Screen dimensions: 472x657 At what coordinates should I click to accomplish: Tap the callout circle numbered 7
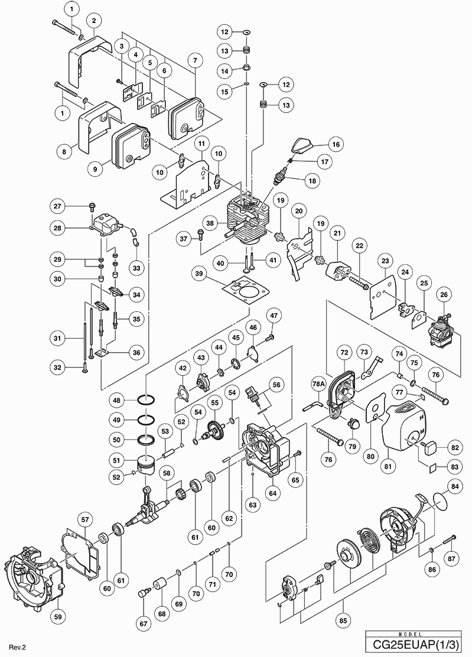pos(195,60)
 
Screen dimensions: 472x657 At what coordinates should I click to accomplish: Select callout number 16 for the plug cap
pos(336,144)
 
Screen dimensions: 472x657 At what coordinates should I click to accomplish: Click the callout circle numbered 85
pos(344,620)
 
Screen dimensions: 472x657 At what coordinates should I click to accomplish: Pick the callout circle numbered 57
pos(85,520)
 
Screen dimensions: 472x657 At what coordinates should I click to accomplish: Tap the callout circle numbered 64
pos(273,493)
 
